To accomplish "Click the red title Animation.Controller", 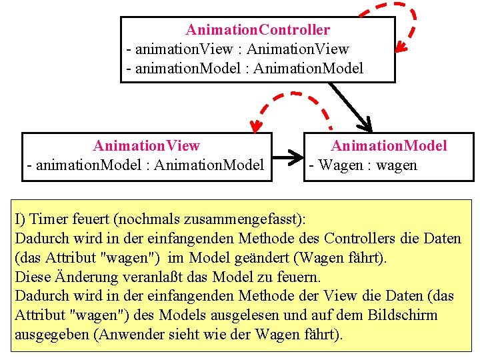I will tap(257, 30).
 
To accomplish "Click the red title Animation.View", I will tap(147, 145).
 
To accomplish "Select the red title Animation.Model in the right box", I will tap(389, 145).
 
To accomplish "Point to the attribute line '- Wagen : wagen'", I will tap(362, 165).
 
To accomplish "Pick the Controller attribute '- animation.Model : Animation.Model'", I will tap(245, 68).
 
